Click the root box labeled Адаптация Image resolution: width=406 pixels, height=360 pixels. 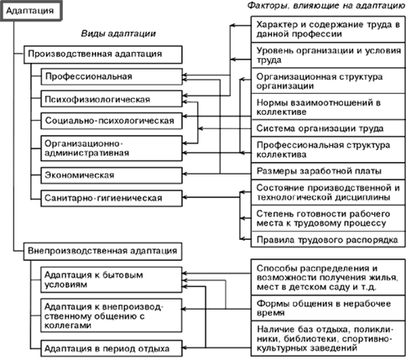click(x=30, y=11)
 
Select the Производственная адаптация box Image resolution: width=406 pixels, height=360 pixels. click(x=103, y=55)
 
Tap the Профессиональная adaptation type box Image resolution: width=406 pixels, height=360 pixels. click(x=112, y=76)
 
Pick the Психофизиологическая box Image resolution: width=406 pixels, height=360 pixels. click(x=112, y=99)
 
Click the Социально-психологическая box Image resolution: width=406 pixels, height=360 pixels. click(x=112, y=121)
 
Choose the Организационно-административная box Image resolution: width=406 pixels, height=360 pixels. click(x=112, y=149)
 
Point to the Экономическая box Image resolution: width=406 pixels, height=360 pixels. click(x=112, y=175)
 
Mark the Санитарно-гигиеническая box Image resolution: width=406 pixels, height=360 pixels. click(x=112, y=198)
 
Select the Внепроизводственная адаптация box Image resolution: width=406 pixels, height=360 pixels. click(x=103, y=251)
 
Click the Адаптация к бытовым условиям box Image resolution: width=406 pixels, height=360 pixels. click(x=112, y=279)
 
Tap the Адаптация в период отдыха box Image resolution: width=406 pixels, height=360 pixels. click(x=112, y=348)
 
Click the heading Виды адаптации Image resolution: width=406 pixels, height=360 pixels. click(x=118, y=34)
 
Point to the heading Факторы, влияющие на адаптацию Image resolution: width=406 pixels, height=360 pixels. click(x=326, y=6)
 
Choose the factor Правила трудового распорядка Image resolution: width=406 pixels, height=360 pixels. click(x=328, y=240)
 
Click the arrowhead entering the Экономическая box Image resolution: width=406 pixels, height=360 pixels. click(x=185, y=174)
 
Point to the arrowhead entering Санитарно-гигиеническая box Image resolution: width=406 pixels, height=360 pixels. click(x=185, y=197)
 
